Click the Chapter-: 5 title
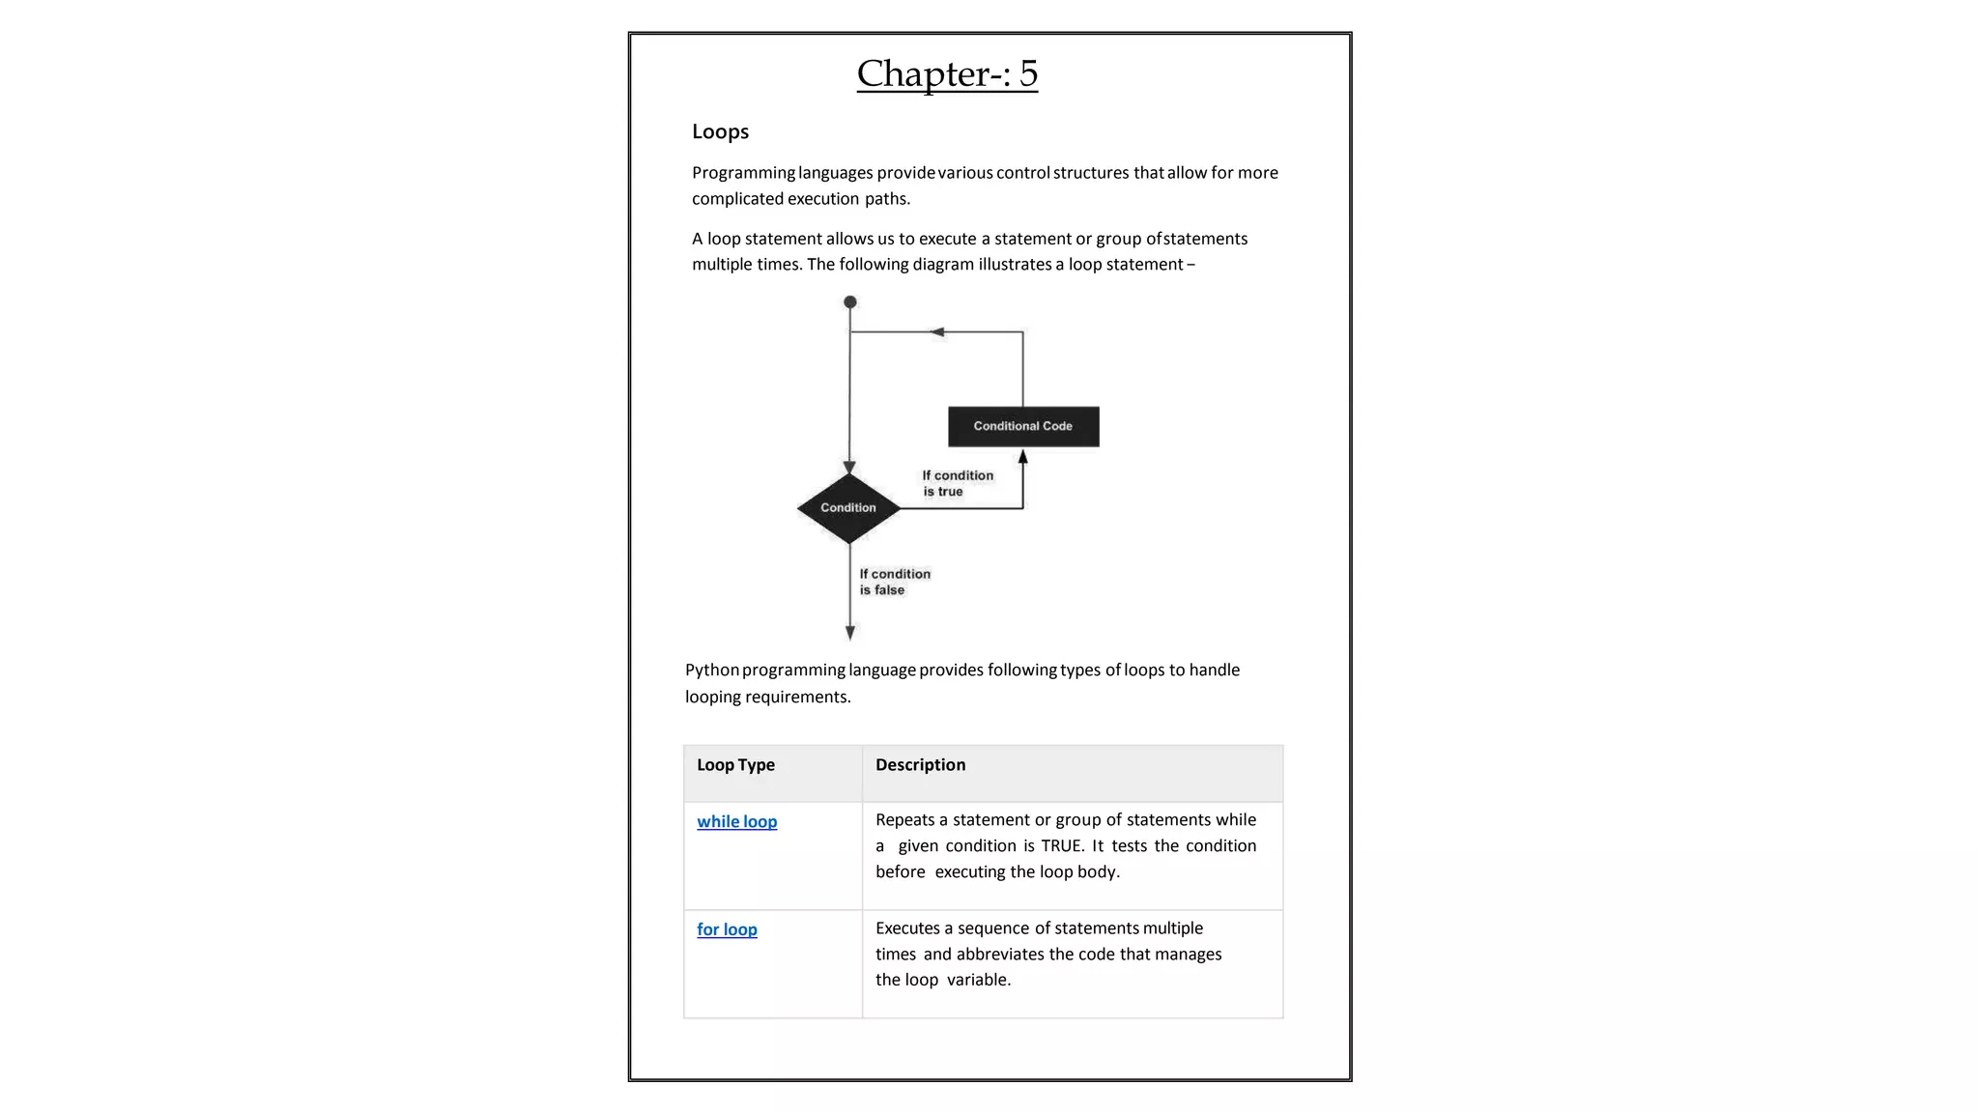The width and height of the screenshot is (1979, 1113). click(x=947, y=74)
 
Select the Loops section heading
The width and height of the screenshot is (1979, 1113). click(x=720, y=131)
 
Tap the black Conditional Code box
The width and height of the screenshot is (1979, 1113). click(x=1023, y=426)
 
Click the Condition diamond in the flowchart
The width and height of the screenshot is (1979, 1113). click(x=848, y=508)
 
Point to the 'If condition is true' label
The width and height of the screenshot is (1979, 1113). click(x=957, y=483)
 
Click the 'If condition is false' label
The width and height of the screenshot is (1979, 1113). click(x=894, y=582)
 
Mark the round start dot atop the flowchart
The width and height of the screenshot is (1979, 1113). click(x=850, y=302)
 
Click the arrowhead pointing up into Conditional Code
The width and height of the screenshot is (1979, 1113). click(x=1023, y=457)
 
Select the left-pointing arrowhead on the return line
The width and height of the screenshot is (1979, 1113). click(x=936, y=332)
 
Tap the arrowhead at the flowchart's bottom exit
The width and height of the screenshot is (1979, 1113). click(x=850, y=633)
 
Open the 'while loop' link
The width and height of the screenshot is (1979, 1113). click(x=736, y=821)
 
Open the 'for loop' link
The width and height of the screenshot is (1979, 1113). click(x=727, y=929)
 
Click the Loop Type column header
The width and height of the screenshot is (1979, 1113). click(x=735, y=765)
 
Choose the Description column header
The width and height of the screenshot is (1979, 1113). click(x=920, y=765)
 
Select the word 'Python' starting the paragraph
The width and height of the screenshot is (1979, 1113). click(x=712, y=671)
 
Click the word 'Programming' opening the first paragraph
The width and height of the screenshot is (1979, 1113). click(x=743, y=173)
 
